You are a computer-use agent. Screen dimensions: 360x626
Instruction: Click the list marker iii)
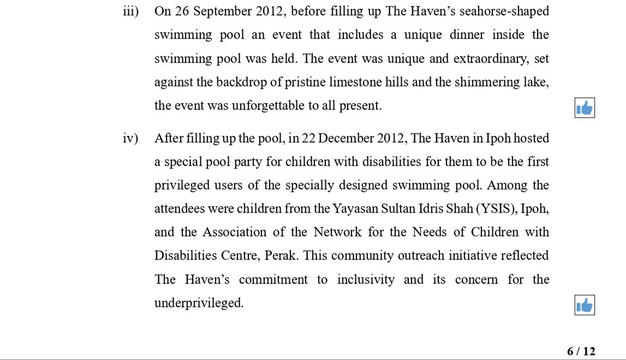coord(130,11)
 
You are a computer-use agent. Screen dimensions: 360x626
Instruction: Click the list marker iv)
coord(130,139)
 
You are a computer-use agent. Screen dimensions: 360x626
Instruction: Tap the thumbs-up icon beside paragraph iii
coord(584,108)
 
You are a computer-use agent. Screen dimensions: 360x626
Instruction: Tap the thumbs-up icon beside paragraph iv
coord(584,305)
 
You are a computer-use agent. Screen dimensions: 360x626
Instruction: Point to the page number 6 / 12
coord(581,351)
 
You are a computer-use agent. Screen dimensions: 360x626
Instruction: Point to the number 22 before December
coord(308,139)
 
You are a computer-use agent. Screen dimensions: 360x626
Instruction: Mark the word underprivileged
coord(199,303)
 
